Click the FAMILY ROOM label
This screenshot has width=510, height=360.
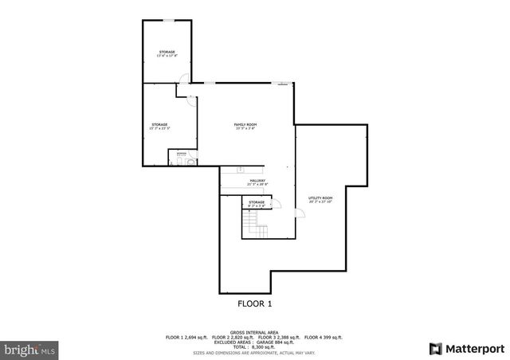(x=245, y=125)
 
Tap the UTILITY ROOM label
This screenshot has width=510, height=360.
(x=320, y=198)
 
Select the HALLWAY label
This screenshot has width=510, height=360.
(x=257, y=182)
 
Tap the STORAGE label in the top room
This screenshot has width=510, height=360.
(x=167, y=53)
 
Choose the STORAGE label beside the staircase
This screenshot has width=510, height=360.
(x=257, y=203)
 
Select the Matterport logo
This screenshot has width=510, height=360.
(x=467, y=348)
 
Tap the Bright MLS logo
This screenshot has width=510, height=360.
(x=30, y=349)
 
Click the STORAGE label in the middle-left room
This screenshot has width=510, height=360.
(x=160, y=125)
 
